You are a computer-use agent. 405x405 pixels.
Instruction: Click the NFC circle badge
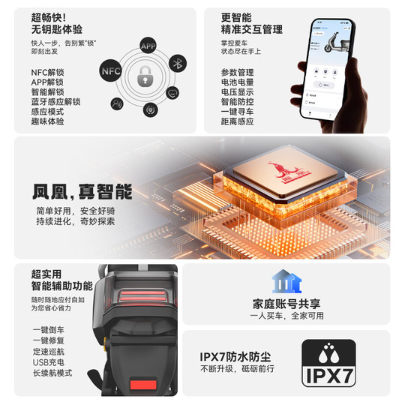pyautogui.click(x=109, y=70)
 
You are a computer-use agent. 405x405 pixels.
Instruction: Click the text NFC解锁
pyautogui.click(x=48, y=72)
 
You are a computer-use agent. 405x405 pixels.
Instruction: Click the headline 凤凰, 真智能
pyautogui.click(x=82, y=189)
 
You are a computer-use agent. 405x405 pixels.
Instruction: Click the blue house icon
pyautogui.click(x=286, y=282)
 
